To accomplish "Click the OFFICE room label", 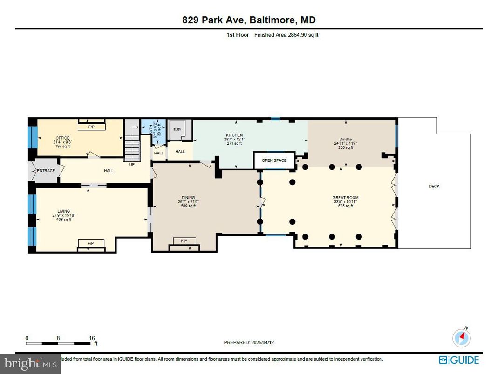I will (62, 138).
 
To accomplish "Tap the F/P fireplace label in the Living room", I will (91, 243).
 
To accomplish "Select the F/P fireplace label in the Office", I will (91, 127).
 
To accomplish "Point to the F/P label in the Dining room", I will (184, 241).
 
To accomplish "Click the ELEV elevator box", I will (177, 130).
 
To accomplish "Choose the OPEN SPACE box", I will (274, 160).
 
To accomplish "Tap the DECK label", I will (434, 187).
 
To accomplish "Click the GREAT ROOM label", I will (345, 198).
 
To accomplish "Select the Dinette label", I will (346, 139).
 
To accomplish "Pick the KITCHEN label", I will (234, 135).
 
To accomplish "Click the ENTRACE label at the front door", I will (46, 171).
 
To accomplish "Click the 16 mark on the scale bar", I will (92, 338).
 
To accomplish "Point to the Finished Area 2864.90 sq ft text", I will (286, 35).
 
